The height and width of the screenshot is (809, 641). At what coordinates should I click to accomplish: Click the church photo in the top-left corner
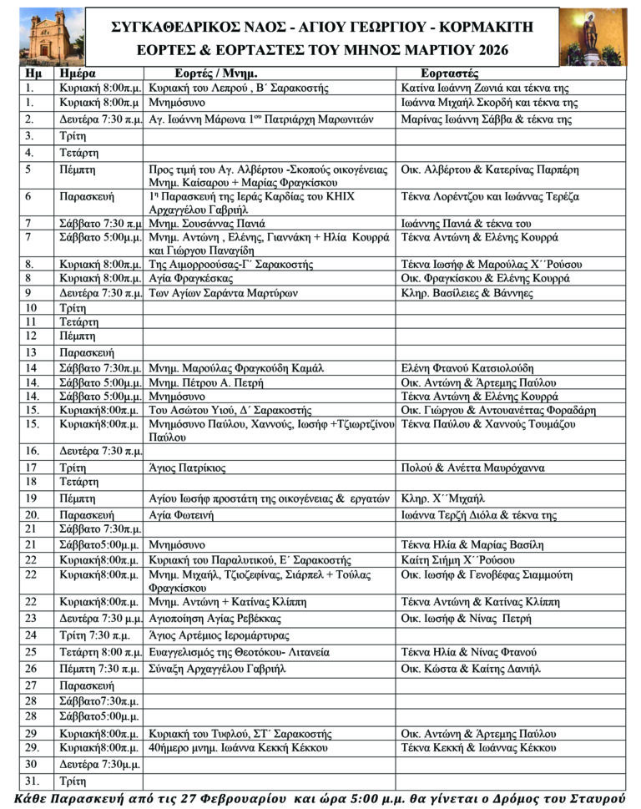pos(43,34)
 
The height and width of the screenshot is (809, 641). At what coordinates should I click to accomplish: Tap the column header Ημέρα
pos(78,73)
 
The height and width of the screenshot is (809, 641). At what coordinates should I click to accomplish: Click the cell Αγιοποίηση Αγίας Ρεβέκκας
pos(214,619)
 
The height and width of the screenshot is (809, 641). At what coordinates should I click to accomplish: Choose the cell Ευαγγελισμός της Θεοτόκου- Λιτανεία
pos(240,651)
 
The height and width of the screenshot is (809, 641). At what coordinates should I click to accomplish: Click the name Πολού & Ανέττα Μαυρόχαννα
pos(472,468)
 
